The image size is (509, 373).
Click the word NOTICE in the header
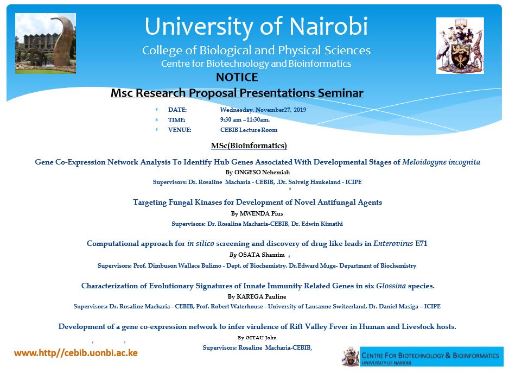coord(237,77)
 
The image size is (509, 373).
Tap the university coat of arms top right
coord(460,46)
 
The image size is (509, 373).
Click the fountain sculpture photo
coord(46,43)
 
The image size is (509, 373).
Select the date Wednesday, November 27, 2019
coord(263,110)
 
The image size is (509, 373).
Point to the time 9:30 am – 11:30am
coord(245,119)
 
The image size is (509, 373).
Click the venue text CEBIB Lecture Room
coord(249,130)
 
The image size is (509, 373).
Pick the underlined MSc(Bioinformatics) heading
coord(249,146)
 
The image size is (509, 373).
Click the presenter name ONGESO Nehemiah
coord(262,172)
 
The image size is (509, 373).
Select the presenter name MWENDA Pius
coord(262,213)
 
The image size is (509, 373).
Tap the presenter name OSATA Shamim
coord(262,255)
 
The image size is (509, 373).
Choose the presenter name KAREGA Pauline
coord(262,296)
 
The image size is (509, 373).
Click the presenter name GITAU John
coord(261,338)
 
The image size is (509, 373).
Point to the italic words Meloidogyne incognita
coord(441,162)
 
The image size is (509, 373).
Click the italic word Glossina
coord(391,286)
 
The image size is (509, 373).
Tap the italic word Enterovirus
coord(393,244)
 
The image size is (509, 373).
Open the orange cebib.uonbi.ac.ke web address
coord(76,353)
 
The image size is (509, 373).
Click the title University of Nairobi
coord(256,26)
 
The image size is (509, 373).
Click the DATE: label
coord(177,110)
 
